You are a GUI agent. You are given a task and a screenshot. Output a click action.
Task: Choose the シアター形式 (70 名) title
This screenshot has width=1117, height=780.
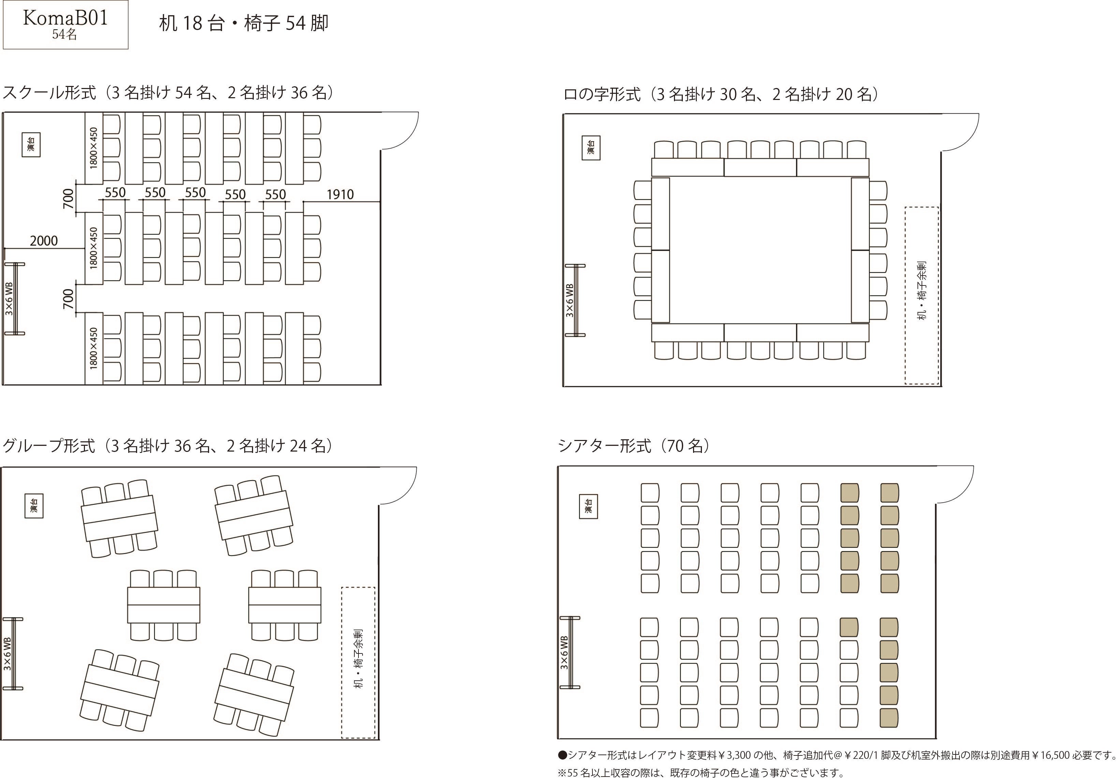click(x=634, y=445)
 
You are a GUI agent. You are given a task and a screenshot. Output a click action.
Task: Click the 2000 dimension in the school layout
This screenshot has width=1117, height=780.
click(x=44, y=240)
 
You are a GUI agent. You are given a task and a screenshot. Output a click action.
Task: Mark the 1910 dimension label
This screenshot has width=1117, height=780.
click(x=340, y=195)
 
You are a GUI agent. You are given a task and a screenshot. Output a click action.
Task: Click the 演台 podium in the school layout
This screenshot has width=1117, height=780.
click(x=31, y=145)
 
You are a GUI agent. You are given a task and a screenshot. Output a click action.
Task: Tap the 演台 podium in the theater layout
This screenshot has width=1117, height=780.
click(x=588, y=506)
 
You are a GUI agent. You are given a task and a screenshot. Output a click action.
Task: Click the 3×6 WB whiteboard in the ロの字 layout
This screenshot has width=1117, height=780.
click(x=575, y=300)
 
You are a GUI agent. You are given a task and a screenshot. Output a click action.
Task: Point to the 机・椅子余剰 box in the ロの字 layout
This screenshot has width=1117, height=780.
click(x=922, y=295)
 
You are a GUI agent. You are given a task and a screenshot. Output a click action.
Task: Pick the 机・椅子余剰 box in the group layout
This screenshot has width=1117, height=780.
click(x=358, y=663)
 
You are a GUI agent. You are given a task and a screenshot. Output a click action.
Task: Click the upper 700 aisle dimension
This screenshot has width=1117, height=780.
click(x=69, y=198)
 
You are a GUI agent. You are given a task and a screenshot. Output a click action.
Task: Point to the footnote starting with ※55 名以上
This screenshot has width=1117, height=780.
click(x=701, y=772)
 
